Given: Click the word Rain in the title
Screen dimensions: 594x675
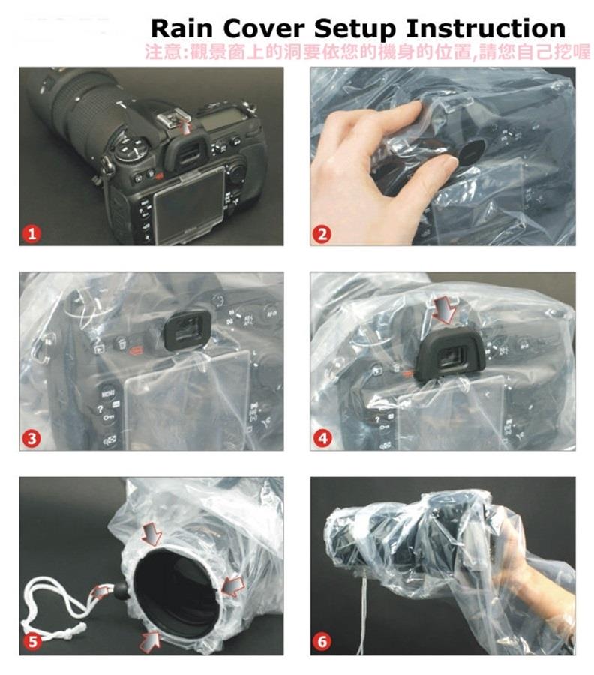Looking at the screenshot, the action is [181, 28].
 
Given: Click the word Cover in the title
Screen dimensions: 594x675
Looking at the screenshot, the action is [263, 28].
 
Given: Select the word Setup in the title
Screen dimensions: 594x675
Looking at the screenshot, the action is [355, 30].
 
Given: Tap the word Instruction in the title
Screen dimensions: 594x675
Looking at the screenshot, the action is [485, 28].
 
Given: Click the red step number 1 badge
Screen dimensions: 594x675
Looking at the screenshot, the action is [31, 234].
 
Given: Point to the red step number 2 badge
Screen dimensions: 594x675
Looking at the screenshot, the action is [322, 234].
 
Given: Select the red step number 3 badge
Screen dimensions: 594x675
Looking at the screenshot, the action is [31, 439].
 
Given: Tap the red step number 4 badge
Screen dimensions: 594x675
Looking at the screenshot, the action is [322, 439].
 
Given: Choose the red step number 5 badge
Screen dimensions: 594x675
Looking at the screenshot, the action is [32, 642].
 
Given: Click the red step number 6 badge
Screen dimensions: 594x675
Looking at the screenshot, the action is [322, 642].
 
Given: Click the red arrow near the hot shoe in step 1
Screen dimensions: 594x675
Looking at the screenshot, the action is [186, 127].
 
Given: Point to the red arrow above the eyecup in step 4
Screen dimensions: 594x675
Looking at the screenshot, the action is [445, 308].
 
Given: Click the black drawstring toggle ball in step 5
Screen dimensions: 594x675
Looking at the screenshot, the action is [120, 589].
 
